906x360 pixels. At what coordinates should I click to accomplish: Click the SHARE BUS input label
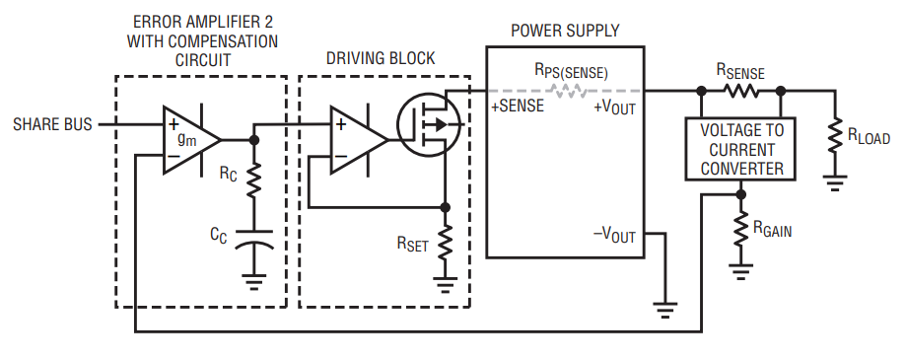tap(52, 124)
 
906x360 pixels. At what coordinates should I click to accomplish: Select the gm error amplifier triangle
tap(190, 140)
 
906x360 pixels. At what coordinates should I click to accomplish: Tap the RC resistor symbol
tap(253, 180)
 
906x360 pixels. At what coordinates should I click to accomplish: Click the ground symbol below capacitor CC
tap(253, 282)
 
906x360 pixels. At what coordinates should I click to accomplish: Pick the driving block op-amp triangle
tap(358, 140)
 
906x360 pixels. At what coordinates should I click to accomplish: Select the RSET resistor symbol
tap(445, 243)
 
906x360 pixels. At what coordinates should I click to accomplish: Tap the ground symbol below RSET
tap(445, 285)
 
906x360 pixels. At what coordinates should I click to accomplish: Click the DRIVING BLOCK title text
tap(381, 58)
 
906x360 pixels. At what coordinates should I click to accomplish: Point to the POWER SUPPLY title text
tap(565, 31)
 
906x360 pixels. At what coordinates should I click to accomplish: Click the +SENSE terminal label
tap(518, 106)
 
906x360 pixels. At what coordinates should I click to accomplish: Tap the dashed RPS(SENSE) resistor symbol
tap(567, 91)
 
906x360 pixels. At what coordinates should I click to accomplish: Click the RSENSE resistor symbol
tap(740, 91)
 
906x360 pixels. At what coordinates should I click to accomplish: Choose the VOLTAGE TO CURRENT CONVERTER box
tap(740, 149)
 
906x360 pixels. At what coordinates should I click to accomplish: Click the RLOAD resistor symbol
tap(835, 136)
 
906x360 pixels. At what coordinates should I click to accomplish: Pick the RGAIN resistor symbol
tap(740, 230)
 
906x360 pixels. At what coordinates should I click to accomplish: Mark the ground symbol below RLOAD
tap(835, 182)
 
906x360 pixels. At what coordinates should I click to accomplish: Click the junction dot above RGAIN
tap(740, 194)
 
